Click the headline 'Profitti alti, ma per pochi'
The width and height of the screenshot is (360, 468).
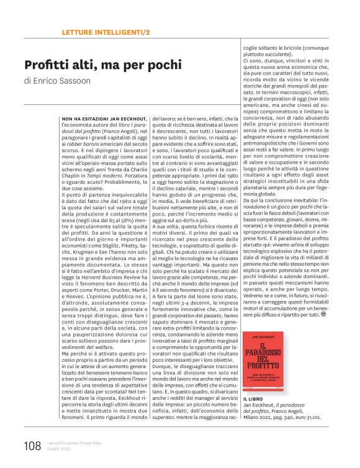pos(102,65)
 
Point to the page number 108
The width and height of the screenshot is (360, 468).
pos(32,446)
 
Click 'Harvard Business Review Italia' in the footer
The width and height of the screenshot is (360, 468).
pos(74,443)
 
